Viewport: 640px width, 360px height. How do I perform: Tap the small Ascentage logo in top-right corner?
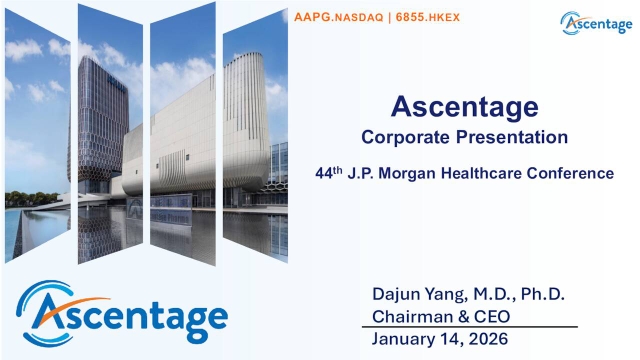click(x=596, y=22)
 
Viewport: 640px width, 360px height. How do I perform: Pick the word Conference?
click(x=577, y=173)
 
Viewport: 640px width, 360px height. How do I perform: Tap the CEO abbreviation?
click(x=491, y=317)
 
